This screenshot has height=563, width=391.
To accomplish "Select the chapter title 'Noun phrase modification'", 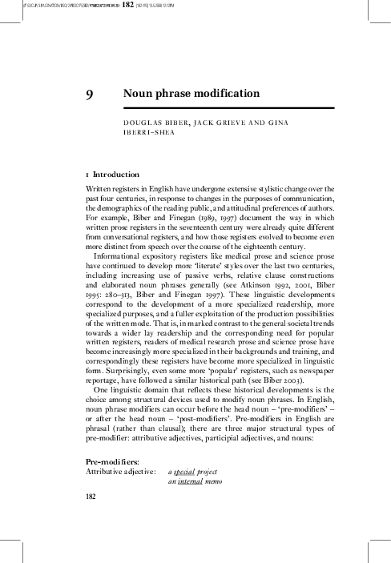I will tap(191, 95).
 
